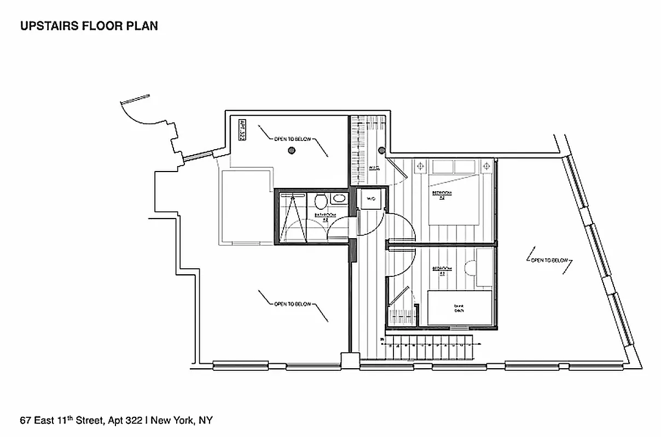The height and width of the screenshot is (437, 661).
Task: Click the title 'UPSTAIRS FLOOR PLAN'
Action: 89,26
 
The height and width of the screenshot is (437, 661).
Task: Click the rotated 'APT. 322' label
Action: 241,131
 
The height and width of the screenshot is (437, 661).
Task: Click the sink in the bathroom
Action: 339,199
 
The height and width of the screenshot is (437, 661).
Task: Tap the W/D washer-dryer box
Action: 370,199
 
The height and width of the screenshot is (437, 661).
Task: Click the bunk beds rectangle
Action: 459,308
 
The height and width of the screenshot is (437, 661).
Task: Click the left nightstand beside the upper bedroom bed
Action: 420,166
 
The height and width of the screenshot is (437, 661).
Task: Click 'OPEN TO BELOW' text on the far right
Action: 550,261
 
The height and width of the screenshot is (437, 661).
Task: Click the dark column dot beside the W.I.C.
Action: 382,151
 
